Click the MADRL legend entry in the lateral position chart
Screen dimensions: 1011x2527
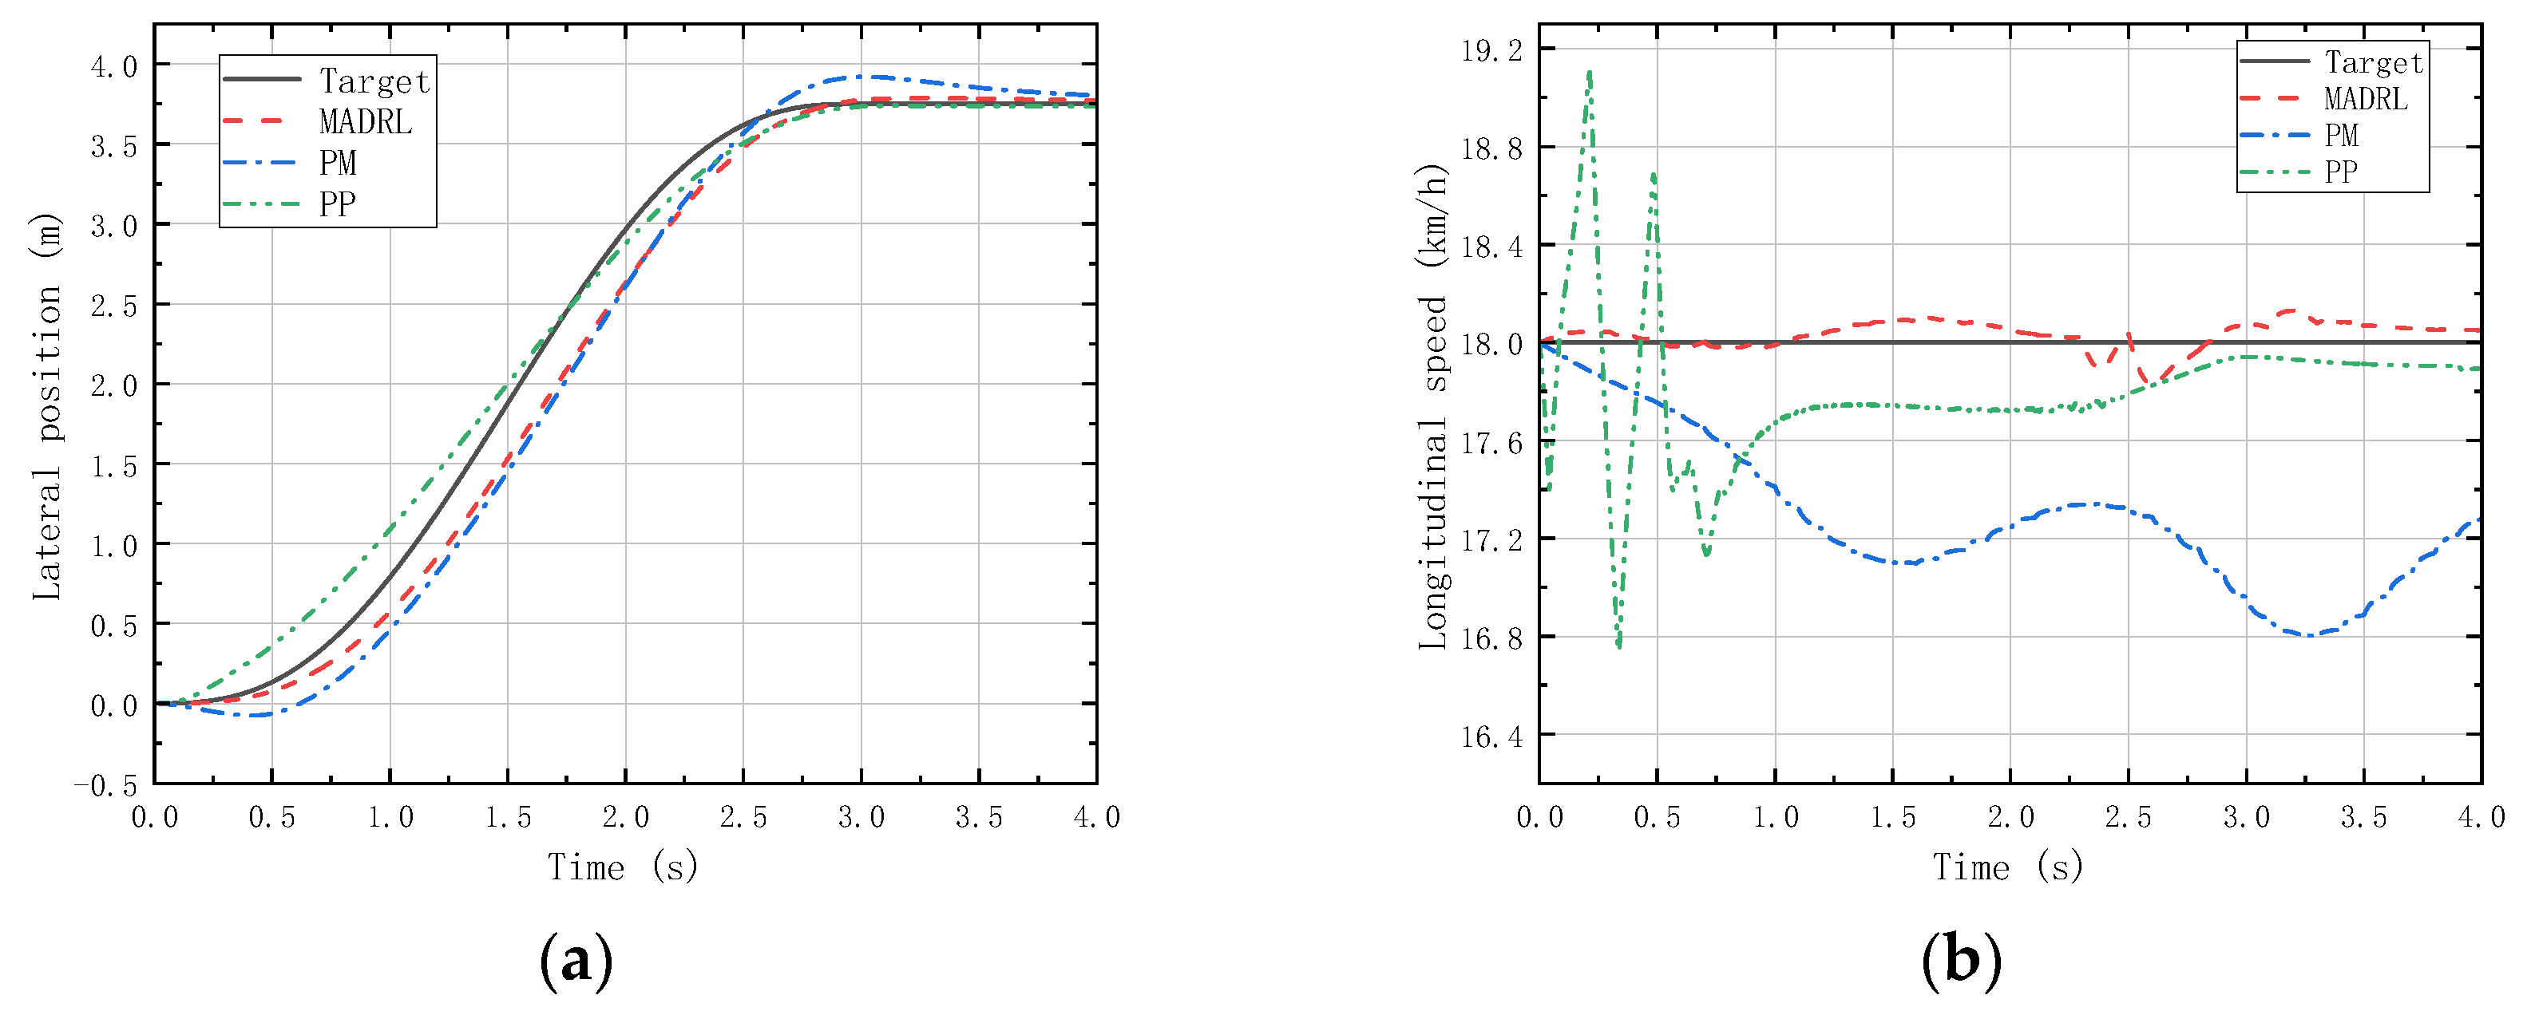pos(365,121)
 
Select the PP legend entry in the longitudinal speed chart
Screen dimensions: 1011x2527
pos(2342,172)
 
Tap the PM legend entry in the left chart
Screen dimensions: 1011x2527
pos(338,163)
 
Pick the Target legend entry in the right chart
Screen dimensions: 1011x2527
pos(2373,63)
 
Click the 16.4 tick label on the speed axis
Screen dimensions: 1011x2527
pos(1491,737)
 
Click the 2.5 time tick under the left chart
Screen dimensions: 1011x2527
pos(743,817)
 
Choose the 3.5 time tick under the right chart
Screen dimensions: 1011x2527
pos(2363,817)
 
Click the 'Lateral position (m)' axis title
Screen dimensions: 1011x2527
pos(47,406)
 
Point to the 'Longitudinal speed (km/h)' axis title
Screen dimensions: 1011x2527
pos(1433,406)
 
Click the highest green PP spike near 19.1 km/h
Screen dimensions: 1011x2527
pos(1589,73)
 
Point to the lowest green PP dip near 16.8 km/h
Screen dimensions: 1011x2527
pos(1618,646)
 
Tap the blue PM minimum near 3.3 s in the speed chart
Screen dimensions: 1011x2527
pos(2310,635)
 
